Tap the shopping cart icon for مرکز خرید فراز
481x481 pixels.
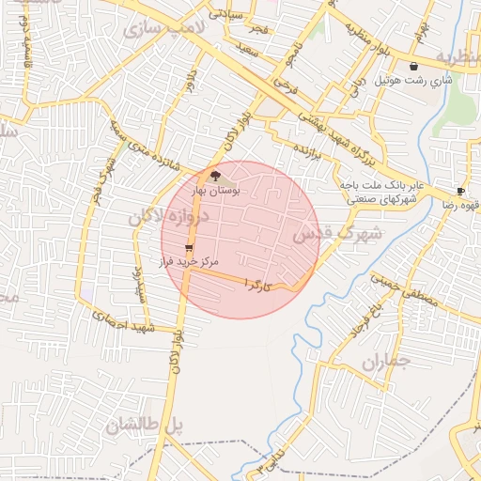pyautogui.click(x=190, y=249)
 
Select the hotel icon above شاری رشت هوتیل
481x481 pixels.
pyautogui.click(x=414, y=67)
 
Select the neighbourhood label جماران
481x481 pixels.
pyautogui.click(x=385, y=362)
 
